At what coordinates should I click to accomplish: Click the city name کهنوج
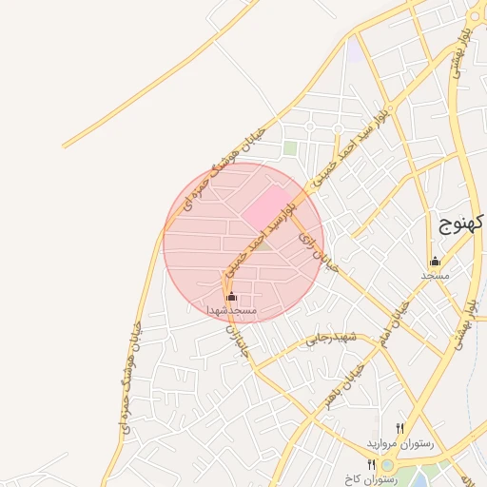tap(463, 224)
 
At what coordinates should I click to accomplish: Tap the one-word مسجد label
tap(435, 275)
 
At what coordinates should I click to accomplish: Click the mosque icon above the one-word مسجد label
tap(436, 262)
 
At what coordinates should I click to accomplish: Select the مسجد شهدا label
tap(232, 310)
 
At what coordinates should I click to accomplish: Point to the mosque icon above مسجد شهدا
tap(232, 297)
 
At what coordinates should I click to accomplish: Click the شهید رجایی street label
tap(328, 340)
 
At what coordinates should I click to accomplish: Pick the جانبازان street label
tap(239, 343)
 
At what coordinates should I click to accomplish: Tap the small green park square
tap(289, 149)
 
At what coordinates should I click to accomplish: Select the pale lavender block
tap(354, 49)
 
